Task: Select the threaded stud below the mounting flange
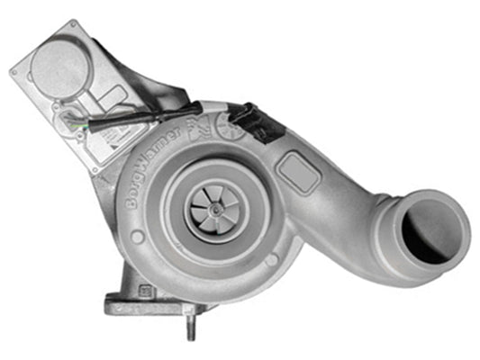[x=191, y=326]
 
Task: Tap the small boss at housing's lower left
[x=137, y=238]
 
